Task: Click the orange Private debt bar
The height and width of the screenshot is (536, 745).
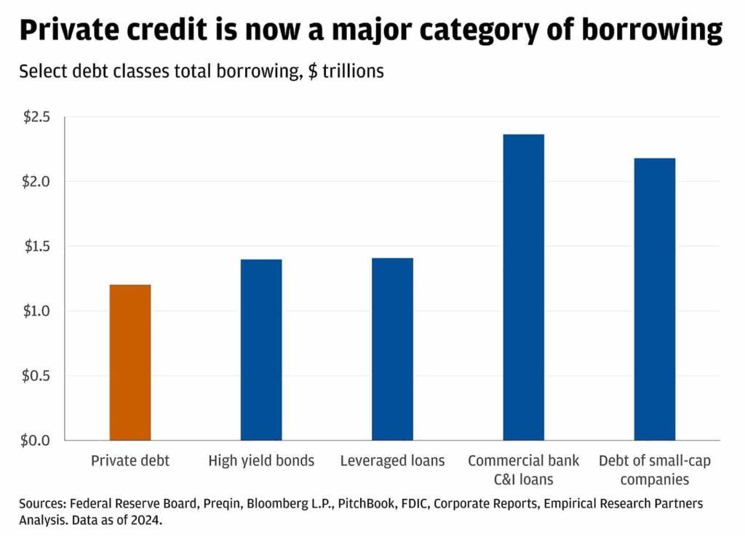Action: (x=130, y=362)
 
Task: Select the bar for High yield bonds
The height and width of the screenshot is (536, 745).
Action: (x=261, y=349)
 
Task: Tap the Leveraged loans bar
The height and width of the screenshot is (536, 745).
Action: (x=392, y=349)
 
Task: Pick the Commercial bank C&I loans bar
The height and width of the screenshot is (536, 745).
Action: (x=523, y=287)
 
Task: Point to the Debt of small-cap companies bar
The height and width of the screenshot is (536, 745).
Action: (x=654, y=299)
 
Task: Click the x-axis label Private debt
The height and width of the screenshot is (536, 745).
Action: (x=130, y=461)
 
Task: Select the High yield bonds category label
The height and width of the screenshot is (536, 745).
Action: (x=261, y=461)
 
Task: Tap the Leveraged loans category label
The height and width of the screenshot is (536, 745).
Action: (x=392, y=461)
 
